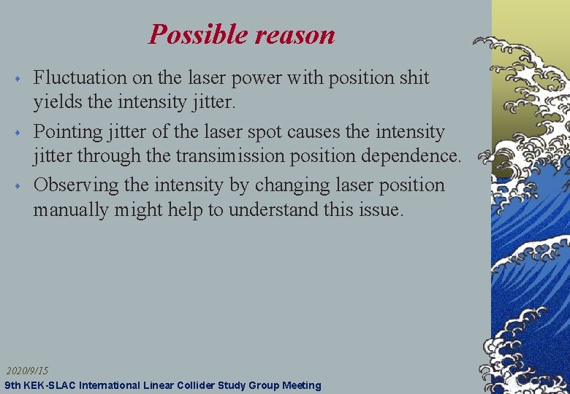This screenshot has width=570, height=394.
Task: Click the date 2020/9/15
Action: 28,371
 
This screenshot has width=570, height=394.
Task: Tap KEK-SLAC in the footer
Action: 51,385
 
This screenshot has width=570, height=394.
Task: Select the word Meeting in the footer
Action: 299,385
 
